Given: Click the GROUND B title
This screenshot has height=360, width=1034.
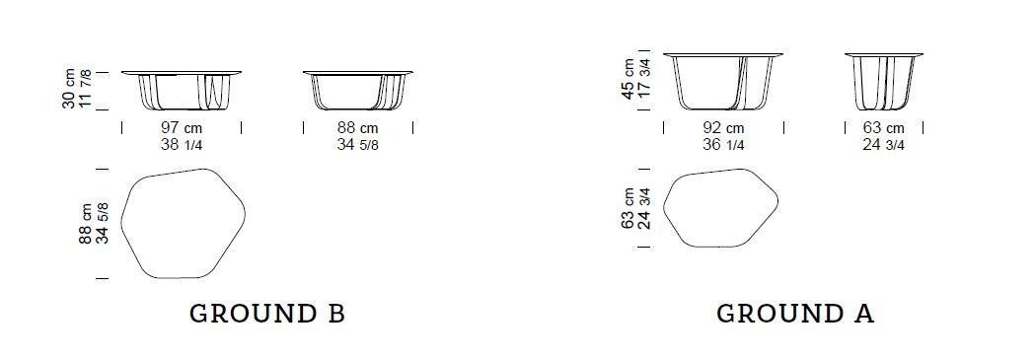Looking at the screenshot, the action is tap(267, 314).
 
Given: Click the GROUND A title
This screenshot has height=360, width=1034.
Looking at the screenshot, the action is tap(795, 314).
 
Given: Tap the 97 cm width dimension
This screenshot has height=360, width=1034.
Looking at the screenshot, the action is tap(182, 128).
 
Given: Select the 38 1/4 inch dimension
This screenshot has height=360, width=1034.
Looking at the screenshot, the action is tap(182, 144).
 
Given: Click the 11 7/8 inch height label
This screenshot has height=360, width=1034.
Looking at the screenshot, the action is tap(85, 92).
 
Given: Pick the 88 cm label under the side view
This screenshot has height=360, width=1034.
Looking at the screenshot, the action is tap(358, 128).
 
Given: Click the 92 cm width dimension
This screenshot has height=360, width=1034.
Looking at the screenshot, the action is tap(723, 128).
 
